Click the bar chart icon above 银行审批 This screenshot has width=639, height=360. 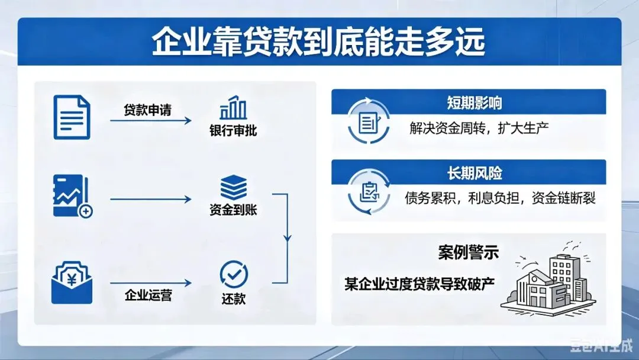233,108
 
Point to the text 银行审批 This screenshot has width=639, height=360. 233,131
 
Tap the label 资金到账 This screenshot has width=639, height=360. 233,210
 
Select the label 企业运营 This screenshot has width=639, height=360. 149,294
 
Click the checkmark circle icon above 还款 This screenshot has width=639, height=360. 234,274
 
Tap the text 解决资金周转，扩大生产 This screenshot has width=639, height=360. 479,128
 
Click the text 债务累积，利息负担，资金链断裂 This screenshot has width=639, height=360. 500,198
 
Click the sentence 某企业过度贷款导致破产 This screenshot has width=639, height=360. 419,282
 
